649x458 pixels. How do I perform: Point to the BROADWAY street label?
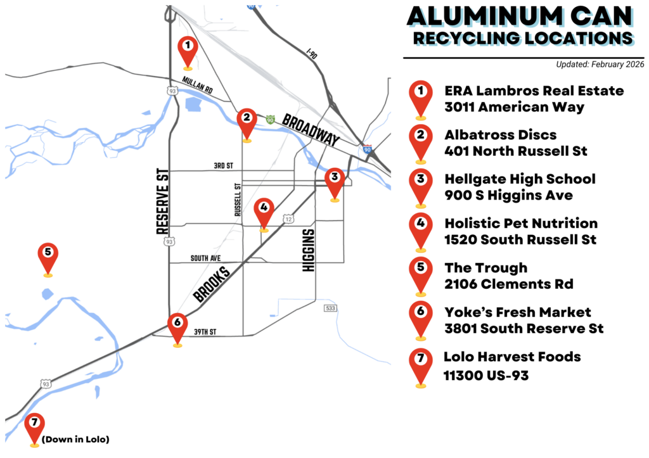tap(312, 130)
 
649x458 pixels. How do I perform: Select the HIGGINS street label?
tap(309, 250)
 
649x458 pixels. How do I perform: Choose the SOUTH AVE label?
tap(204, 258)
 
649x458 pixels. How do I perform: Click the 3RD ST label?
tap(223, 166)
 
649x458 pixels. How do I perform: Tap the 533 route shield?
tap(330, 308)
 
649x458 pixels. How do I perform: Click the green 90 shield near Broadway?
tap(271, 119)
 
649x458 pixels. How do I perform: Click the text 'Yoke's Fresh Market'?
tap(518, 312)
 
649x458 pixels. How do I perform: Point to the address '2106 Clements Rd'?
tap(509, 284)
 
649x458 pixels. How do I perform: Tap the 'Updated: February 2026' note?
tap(600, 64)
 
